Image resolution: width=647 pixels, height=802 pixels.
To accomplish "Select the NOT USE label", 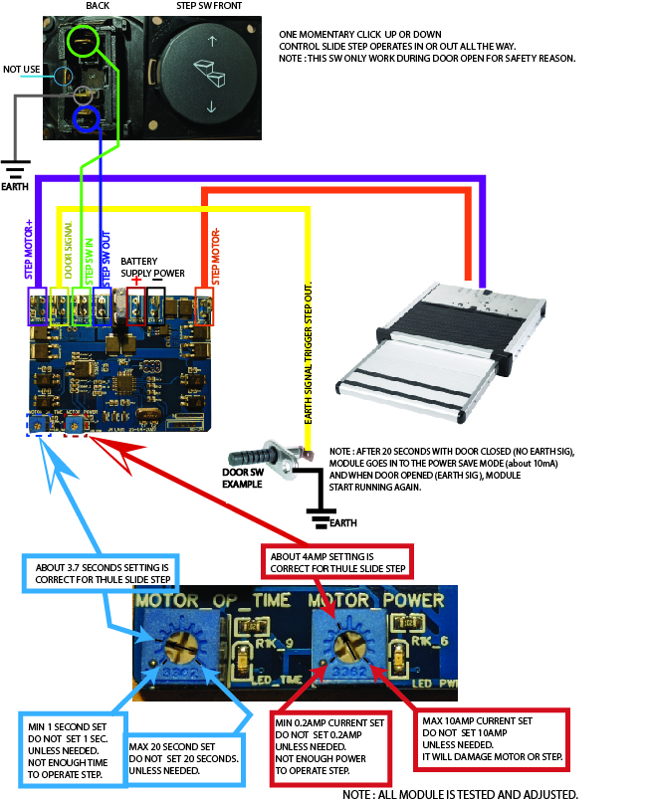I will click(x=23, y=70).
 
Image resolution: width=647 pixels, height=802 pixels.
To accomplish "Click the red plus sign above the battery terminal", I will click(x=136, y=282).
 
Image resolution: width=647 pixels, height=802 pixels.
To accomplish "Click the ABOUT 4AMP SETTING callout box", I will click(x=335, y=562).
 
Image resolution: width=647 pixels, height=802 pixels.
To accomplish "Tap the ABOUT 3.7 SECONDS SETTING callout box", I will click(x=102, y=572).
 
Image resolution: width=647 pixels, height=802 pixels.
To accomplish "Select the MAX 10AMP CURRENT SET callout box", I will click(x=492, y=737).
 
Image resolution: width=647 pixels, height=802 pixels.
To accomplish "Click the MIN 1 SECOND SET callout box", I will click(x=70, y=745).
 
